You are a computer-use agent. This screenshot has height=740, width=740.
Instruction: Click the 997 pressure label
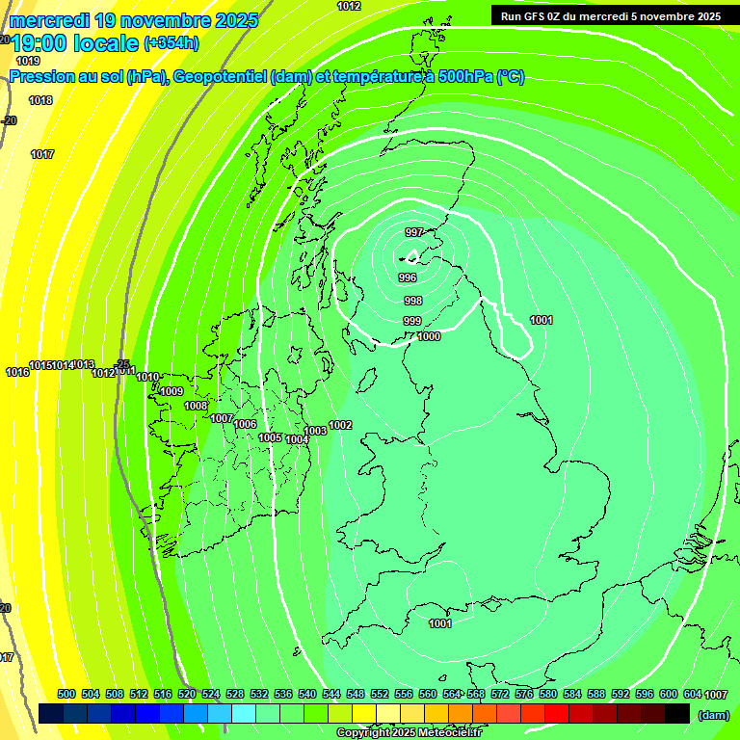tap(414, 232)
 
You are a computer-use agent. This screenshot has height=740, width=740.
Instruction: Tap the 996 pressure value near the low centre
tap(407, 277)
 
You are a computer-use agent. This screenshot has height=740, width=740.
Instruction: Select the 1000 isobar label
tap(429, 336)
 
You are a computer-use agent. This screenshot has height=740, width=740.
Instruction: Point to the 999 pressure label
tap(412, 321)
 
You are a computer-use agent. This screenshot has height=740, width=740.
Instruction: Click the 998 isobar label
tap(412, 301)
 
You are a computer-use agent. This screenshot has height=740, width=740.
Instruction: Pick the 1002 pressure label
tap(340, 425)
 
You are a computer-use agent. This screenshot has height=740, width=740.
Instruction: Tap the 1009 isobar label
tap(172, 391)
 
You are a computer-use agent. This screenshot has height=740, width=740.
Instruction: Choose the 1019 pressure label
tap(28, 61)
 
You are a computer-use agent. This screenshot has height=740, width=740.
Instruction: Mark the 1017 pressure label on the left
tap(41, 154)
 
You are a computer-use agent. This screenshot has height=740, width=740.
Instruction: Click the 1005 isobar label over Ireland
tap(270, 437)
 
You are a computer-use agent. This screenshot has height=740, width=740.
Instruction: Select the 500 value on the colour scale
tap(66, 694)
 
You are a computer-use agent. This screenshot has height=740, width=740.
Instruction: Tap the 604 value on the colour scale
tap(692, 694)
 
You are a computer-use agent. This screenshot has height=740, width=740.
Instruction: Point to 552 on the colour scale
tap(380, 694)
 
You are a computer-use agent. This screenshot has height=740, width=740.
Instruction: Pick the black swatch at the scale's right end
tap(677, 713)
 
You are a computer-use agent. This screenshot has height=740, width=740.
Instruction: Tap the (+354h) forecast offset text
tap(172, 43)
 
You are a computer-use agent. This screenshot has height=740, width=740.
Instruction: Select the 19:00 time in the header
tap(42, 43)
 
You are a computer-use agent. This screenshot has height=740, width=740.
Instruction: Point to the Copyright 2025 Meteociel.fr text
tap(409, 732)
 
